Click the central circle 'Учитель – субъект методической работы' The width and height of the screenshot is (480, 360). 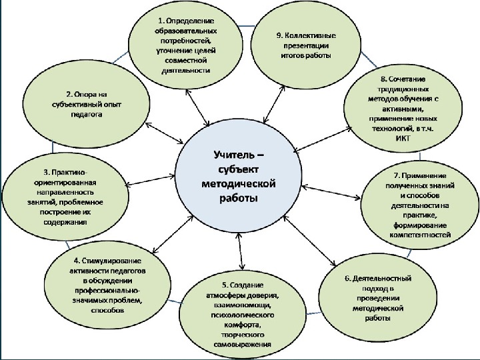click(x=239, y=179)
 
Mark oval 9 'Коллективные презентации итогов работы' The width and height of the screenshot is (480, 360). click(x=306, y=45)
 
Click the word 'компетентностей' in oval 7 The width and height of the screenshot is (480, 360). click(x=422, y=235)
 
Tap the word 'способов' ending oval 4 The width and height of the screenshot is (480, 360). click(x=107, y=310)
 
